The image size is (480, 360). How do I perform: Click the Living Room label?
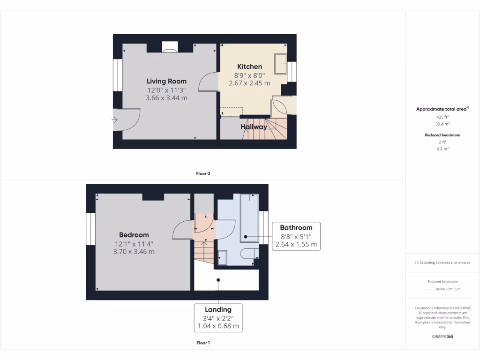[x=166, y=81]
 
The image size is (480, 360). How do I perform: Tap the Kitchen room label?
[x=249, y=67]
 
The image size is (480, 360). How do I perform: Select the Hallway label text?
[x=254, y=127]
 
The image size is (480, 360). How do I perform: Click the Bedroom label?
[x=134, y=235]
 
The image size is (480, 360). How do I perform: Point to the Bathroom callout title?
[x=296, y=228]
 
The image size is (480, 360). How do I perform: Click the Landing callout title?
[x=218, y=309]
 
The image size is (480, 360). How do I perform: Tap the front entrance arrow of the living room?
[x=115, y=120]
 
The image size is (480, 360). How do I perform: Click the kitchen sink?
[x=281, y=63]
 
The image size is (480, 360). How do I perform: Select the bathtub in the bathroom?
[x=249, y=218]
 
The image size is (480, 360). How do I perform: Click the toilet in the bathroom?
[x=248, y=254]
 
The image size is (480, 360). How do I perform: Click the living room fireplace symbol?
[x=169, y=46]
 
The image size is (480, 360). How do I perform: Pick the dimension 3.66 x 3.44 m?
[x=166, y=98]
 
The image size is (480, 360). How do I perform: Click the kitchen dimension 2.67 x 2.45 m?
[x=249, y=83]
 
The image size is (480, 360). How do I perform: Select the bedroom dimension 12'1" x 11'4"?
[x=134, y=244]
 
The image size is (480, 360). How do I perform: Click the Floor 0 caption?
[x=203, y=173]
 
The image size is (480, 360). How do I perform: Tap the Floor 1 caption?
[x=203, y=343]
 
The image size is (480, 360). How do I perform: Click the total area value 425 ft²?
[x=442, y=117]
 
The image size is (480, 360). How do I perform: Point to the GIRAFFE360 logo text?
[x=442, y=337]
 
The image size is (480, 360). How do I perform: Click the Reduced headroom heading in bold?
[x=442, y=135]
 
